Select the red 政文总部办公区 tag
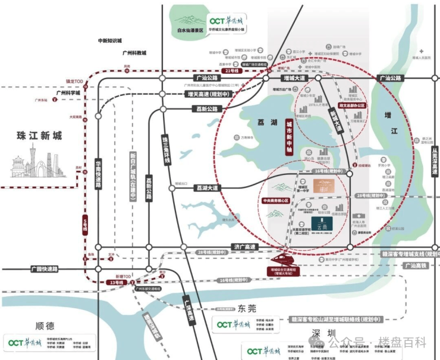[351, 105]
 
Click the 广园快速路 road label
[46, 269]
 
